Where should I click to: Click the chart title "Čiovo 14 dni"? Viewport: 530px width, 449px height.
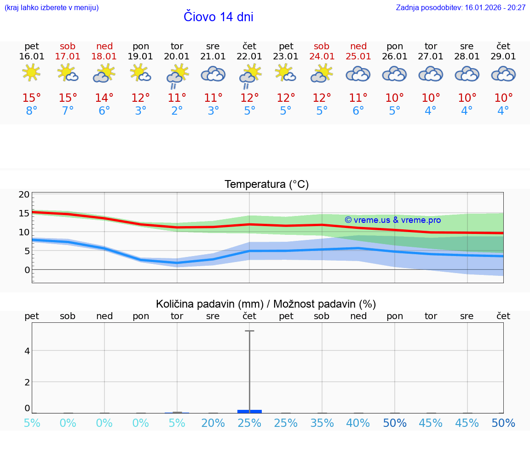[218, 17]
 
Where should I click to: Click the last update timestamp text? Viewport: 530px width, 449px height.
[461, 8]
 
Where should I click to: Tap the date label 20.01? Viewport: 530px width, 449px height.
[177, 57]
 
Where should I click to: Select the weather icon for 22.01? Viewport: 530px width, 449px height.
[250, 76]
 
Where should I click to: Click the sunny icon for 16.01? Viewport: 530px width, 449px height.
[31, 73]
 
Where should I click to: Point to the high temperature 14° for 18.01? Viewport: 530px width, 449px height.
[104, 98]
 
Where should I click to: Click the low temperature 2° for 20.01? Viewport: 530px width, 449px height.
[177, 111]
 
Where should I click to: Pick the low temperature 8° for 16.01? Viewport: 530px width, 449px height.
[31, 111]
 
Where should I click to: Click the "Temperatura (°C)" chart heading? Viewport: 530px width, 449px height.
[266, 185]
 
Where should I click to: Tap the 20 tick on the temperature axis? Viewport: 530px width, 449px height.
[24, 195]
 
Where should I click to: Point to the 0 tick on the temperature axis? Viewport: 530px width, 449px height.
[27, 270]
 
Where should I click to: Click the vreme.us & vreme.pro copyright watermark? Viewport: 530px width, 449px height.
[393, 220]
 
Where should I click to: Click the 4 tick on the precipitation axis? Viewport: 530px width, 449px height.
[27, 351]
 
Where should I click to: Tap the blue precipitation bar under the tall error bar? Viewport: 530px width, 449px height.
[249, 411]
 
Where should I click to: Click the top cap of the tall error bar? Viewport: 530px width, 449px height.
[249, 331]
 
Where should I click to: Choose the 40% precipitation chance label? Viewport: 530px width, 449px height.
[358, 423]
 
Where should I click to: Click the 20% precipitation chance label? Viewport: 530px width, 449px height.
[213, 423]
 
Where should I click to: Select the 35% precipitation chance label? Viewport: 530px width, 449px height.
[322, 423]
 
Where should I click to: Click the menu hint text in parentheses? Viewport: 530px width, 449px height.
[52, 8]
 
